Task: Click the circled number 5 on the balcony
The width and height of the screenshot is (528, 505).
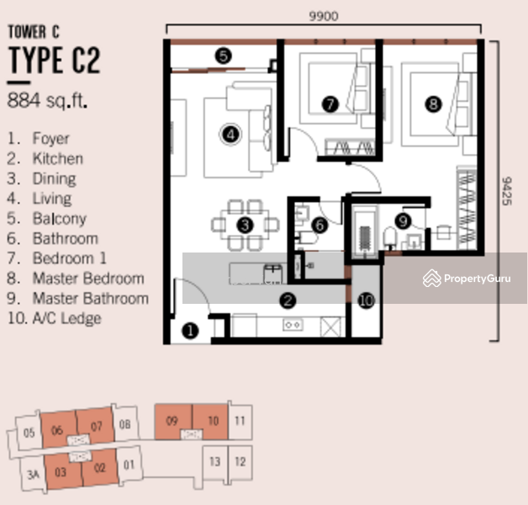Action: tap(224, 56)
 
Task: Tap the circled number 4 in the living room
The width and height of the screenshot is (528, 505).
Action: tap(230, 135)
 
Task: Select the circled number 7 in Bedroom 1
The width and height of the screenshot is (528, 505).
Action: tap(330, 104)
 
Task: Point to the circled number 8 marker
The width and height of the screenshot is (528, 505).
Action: tap(433, 104)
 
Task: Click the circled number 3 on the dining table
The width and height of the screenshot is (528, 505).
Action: tap(245, 226)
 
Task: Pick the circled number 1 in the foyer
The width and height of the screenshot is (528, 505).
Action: tap(190, 331)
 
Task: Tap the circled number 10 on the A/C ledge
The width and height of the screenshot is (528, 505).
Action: tap(367, 300)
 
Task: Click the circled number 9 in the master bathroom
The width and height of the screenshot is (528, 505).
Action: tap(403, 221)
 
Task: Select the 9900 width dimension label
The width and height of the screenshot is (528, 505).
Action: tap(324, 16)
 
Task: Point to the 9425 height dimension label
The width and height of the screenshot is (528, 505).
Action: tap(507, 191)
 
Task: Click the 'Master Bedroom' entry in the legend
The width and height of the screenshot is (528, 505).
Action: tap(88, 279)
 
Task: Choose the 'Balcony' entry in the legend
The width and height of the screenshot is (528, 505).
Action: tap(60, 219)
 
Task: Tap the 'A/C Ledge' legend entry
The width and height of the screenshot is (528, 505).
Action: tap(66, 318)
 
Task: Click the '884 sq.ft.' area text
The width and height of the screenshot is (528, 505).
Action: tap(47, 100)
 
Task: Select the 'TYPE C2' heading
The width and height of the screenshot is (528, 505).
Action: tap(54, 60)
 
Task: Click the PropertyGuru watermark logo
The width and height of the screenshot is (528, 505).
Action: tap(467, 279)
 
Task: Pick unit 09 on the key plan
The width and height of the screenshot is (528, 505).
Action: tap(172, 421)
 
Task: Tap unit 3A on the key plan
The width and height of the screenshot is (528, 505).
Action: tap(33, 475)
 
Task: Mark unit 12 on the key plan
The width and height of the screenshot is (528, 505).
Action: tap(240, 461)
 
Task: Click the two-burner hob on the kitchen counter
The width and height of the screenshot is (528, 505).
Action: tap(293, 325)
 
